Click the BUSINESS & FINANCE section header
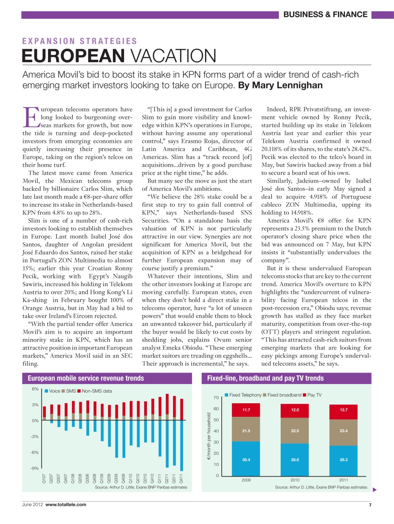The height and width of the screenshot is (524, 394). (x=325, y=15)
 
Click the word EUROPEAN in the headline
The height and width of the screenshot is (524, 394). (x=73, y=56)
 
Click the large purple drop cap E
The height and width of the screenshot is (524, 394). (x=31, y=117)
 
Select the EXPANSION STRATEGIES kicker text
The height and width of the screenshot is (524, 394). (x=80, y=41)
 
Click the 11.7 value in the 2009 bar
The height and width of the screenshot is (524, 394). (x=246, y=410)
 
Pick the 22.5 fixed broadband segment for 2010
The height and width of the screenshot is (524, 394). (x=295, y=431)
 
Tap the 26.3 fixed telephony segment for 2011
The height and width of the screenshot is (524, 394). (x=344, y=460)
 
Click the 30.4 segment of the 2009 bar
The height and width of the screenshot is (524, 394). (x=246, y=460)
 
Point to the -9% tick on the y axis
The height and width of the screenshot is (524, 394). (x=34, y=468)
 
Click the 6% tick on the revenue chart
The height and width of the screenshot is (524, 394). (x=35, y=389)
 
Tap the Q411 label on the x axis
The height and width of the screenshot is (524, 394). (x=181, y=479)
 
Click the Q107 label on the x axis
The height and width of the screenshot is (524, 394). (x=44, y=479)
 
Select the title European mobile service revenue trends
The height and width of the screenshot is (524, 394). (x=86, y=378)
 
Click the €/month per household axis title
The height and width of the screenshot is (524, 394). (x=209, y=436)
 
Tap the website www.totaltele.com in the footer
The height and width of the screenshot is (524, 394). (x=66, y=505)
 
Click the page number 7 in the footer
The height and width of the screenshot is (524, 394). (x=370, y=505)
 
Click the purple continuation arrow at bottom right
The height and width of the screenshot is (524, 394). (x=374, y=490)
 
